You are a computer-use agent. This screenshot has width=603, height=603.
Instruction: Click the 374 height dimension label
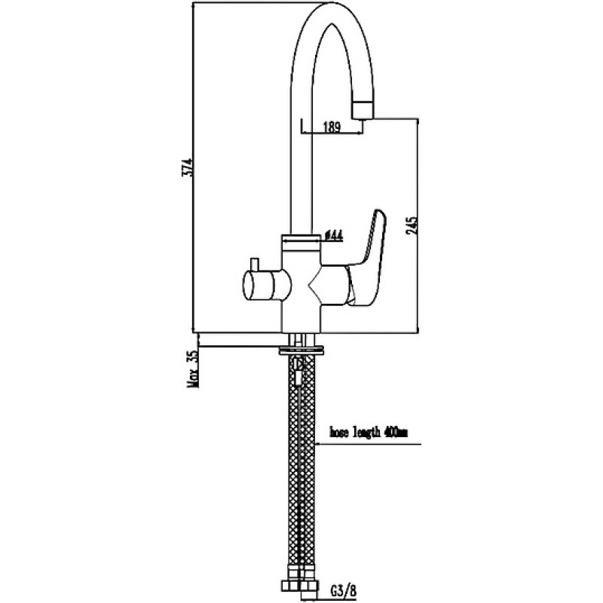(x=187, y=167)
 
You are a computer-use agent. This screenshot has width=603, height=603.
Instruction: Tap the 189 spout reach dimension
(x=332, y=127)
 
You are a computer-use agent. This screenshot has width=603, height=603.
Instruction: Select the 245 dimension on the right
(x=411, y=225)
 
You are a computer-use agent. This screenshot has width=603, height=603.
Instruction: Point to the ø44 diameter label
(x=333, y=235)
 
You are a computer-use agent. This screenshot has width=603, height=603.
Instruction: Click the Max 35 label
(x=194, y=368)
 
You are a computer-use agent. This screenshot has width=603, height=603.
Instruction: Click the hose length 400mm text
(x=369, y=433)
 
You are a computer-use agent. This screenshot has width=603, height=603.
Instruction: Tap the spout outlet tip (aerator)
(x=363, y=110)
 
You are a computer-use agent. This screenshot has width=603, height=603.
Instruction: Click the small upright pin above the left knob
(x=254, y=264)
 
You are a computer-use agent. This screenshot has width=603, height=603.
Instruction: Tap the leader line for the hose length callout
(x=368, y=445)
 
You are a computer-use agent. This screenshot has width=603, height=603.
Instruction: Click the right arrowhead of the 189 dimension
(x=360, y=133)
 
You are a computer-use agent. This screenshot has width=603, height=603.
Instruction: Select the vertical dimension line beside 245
(x=418, y=225)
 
